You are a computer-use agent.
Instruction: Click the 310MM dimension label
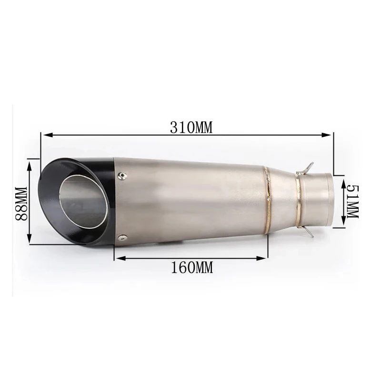pos(191,128)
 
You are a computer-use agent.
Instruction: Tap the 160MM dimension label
pos(192,267)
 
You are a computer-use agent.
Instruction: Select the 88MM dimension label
pos(21,204)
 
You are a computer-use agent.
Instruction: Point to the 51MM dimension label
pos(352,201)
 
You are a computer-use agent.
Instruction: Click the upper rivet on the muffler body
pos(122,175)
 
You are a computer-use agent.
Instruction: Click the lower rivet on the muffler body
pos(124,237)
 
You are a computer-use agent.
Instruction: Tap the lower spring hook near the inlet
pos(305,231)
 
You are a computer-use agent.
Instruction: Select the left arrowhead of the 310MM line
pos(47,135)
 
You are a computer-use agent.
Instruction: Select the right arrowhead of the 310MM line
pos(326,135)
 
